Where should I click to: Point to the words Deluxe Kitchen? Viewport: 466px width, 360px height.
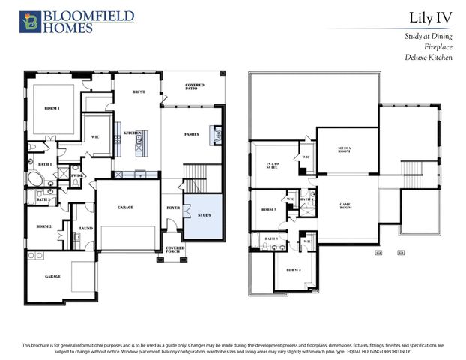coord(430,57)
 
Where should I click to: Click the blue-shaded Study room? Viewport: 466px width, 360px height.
coord(204,216)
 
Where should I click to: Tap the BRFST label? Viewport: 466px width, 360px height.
coord(138,92)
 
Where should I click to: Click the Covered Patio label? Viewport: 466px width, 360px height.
coord(195,87)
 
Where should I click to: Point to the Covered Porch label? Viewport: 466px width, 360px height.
coord(175,249)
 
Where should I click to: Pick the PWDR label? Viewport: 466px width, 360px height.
coord(76,175)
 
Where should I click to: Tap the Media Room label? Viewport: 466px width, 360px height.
coord(345,149)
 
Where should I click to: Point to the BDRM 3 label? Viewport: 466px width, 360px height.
coord(269,209)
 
